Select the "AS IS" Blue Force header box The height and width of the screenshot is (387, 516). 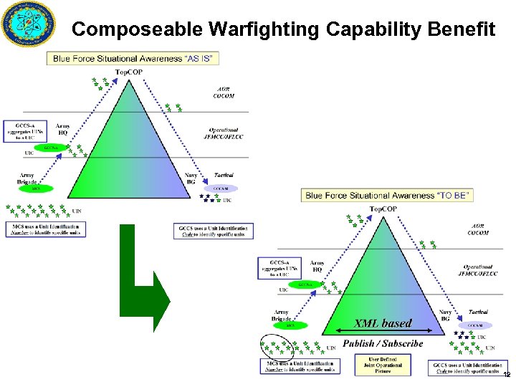click(x=133, y=58)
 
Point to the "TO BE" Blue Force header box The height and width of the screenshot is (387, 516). click(x=388, y=195)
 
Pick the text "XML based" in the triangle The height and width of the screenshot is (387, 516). click(x=383, y=323)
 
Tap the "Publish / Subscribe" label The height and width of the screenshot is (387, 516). click(x=383, y=343)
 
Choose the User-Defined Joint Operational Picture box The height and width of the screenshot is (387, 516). click(x=385, y=365)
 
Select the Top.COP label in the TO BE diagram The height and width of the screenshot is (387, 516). click(x=383, y=209)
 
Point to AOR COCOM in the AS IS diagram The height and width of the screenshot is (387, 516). click(x=224, y=92)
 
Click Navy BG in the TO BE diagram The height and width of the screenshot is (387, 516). click(x=445, y=316)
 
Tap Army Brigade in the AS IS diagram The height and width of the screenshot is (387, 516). click(x=27, y=179)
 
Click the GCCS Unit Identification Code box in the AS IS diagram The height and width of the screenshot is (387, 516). click(x=214, y=231)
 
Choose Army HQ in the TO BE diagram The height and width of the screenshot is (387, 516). click(x=317, y=267)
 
